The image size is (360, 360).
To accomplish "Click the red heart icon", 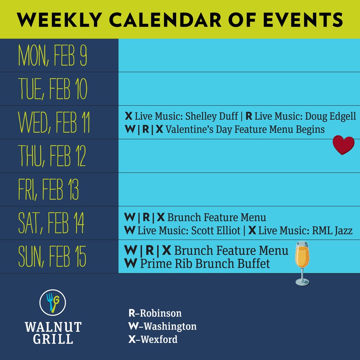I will [344, 145].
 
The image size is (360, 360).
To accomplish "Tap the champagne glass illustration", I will [302, 263].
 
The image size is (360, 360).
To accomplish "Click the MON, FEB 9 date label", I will [53, 56].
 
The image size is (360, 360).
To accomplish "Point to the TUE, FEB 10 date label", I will [53, 89].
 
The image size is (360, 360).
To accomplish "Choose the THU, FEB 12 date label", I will [52, 156].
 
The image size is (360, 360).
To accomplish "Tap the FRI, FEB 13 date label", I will [49, 190].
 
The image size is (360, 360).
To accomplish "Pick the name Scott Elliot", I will [215, 231].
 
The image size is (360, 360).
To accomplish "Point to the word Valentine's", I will [190, 129].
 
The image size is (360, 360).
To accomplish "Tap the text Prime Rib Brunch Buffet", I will [205, 264].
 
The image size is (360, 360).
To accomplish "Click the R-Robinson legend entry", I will [155, 313].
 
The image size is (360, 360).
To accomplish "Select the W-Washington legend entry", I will [163, 326].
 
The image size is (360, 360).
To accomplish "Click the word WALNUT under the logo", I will [53, 327].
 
